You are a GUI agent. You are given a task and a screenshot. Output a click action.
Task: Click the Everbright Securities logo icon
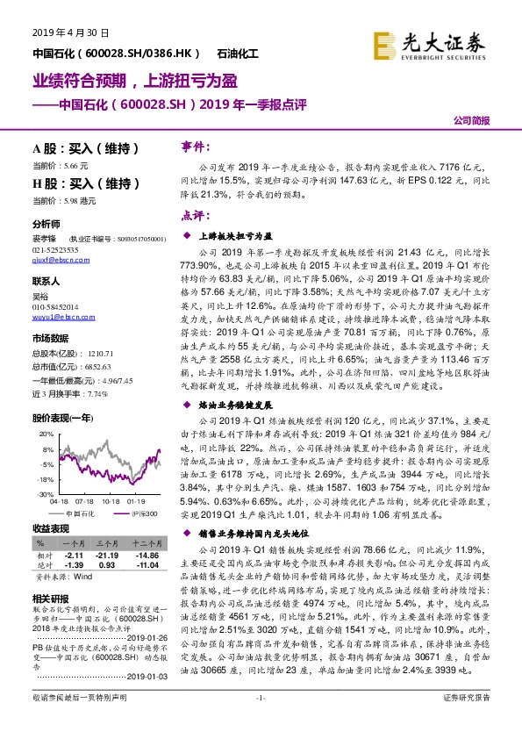tap(383, 41)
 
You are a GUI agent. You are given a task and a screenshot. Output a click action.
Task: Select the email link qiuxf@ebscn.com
tap(56, 261)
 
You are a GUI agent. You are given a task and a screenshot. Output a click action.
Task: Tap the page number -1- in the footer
tap(260, 721)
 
